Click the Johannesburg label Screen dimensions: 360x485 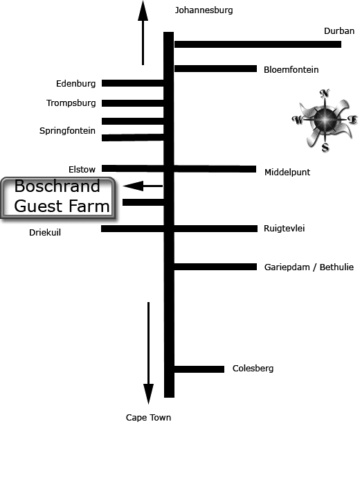pos(204,10)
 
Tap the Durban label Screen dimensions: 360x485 pos(339,31)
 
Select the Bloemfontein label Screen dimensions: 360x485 pos(291,69)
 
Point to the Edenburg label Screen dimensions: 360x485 pos(75,84)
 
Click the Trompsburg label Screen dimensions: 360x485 pos(71,103)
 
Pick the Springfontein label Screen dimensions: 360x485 pos(67,131)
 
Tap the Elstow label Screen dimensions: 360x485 pos(82,170)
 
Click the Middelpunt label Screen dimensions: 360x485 pos(287,173)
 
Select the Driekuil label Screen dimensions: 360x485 pos(45,233)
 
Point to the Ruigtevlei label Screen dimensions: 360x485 pos(284,229)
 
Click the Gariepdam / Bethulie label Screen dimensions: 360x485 pos(309,267)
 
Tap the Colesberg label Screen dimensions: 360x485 pos(253,369)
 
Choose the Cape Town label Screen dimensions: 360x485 pos(148,418)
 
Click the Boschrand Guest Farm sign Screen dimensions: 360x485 pos(58,198)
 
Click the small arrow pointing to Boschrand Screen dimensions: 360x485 pos(143,186)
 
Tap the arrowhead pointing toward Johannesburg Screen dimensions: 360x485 pos(143,11)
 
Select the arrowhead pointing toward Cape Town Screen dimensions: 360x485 pos(148,394)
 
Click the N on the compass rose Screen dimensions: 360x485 pos(325,93)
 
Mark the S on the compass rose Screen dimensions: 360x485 pos(325,148)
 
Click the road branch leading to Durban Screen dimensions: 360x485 pos(258,44)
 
